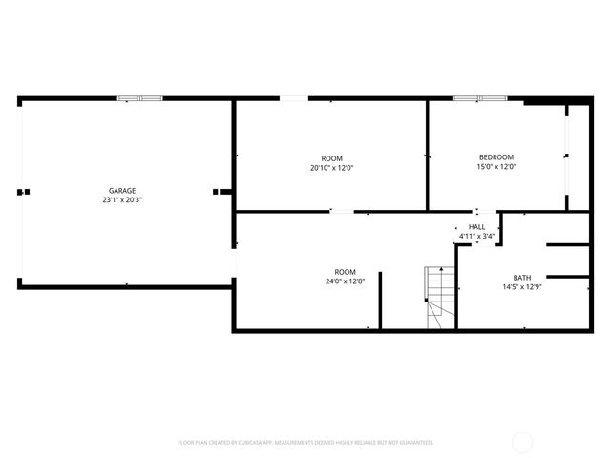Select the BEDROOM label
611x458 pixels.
[495, 157]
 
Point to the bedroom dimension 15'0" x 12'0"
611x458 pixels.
[495, 167]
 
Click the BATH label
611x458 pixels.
[521, 278]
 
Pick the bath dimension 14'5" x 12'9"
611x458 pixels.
[521, 287]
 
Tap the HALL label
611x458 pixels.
[476, 226]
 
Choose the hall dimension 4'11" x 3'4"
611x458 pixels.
[476, 236]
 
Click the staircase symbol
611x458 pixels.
[440, 296]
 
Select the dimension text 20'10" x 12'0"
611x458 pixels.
[331, 168]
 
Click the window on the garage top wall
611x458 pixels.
[139, 98]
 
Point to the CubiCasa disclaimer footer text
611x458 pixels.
[305, 443]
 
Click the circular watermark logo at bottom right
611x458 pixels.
[522, 443]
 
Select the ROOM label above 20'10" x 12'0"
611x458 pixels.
[331, 158]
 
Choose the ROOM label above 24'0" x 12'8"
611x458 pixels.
[345, 271]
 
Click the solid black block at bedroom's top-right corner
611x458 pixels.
[543, 101]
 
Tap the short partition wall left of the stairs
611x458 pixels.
[381, 301]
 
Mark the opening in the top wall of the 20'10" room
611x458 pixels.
[294, 98]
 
